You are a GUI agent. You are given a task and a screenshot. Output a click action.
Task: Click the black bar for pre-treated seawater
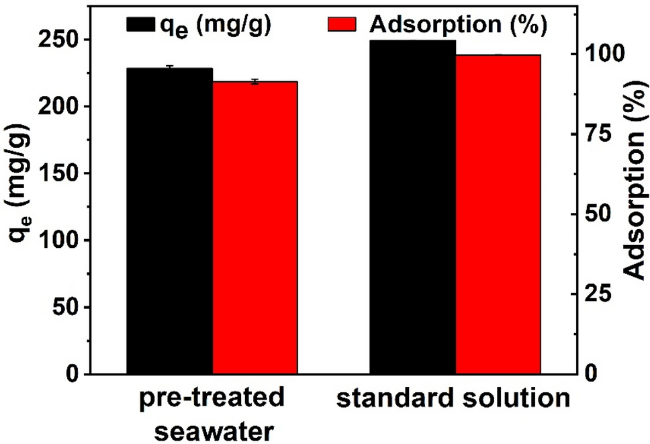169,221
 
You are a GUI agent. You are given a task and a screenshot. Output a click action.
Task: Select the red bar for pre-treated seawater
254,228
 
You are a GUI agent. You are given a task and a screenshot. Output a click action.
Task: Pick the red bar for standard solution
498,214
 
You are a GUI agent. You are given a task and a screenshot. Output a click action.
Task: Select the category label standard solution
453,399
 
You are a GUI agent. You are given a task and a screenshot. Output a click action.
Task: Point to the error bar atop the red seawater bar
255,81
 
